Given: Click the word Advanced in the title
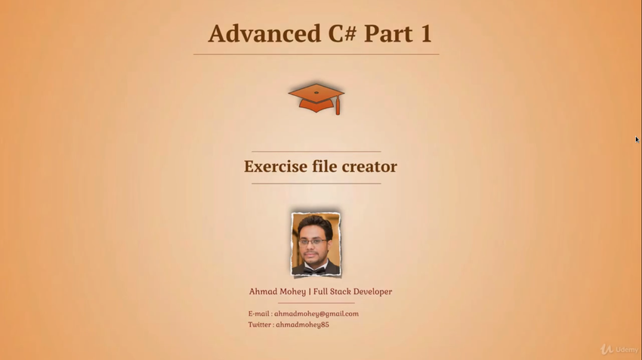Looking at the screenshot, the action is point(264,33).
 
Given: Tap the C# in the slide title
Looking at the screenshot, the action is point(342,33).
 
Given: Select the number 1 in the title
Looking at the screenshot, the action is point(426,33).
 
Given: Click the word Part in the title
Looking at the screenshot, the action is point(388,33).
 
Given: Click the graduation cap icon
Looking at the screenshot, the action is point(316,98).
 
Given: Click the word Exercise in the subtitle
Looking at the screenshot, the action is point(276,167).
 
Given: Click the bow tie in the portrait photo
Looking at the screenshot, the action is point(315,270).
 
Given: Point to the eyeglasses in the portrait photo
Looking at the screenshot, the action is point(313,242).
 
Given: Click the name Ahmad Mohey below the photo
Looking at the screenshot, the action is point(277,291).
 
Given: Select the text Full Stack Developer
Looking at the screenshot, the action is point(353,291).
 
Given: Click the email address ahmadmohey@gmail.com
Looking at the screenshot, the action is point(316,314).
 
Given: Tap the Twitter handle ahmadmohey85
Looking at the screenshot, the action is point(302,325).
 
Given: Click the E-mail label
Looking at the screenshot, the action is point(259,314).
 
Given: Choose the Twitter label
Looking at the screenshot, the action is point(260,325).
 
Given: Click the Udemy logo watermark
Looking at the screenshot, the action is point(619,349).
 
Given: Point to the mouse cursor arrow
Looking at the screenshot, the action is point(637,140).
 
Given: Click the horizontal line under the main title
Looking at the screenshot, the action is point(316,54).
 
